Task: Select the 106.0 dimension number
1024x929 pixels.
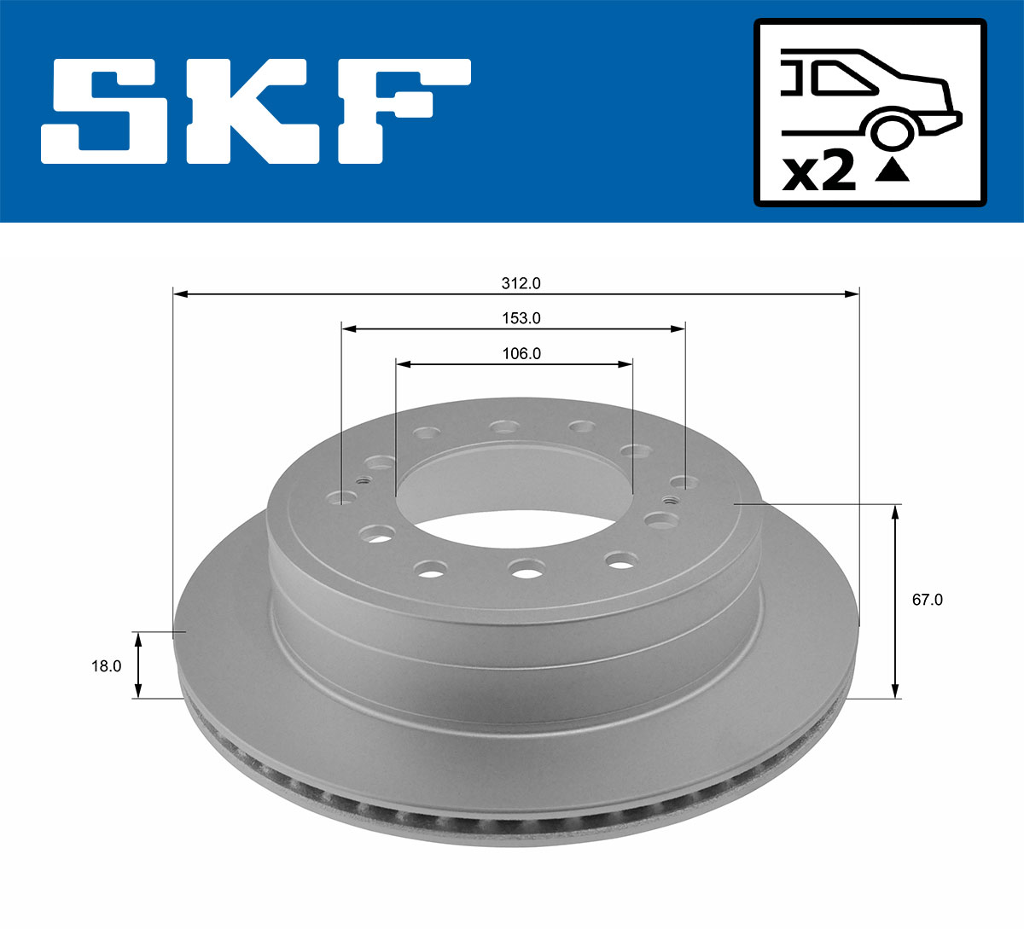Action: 521,353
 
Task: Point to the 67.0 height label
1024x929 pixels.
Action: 927,599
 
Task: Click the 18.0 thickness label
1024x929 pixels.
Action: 106,666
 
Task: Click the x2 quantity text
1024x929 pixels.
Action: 819,172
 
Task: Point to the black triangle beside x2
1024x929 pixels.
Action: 893,171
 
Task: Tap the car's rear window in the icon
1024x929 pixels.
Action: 845,78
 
